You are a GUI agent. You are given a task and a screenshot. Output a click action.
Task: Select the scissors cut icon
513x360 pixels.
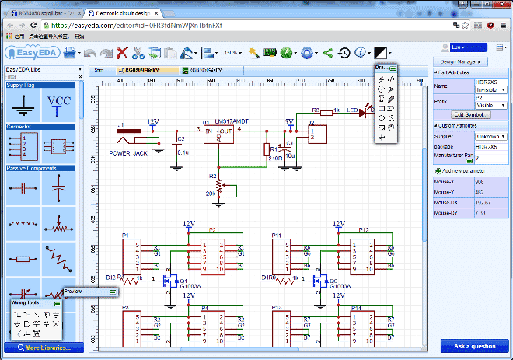(x=138, y=54)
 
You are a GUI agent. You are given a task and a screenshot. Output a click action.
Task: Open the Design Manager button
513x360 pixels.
(x=462, y=61)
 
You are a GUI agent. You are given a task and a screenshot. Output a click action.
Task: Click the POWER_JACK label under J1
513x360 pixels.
(x=128, y=153)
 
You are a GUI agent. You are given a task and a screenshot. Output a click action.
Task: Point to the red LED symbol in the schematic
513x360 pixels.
(x=362, y=114)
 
